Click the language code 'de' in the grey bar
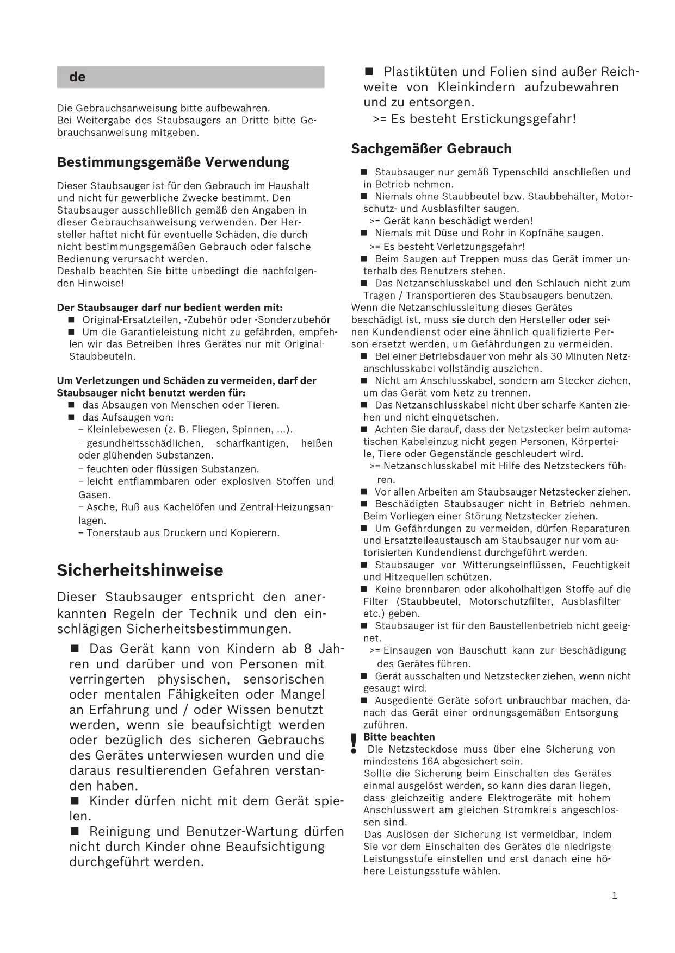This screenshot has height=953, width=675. (x=77, y=77)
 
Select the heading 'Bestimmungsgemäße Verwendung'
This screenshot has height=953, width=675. (x=173, y=162)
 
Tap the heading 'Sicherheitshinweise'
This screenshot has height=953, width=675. (x=140, y=570)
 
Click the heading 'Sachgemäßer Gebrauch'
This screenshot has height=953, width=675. (x=431, y=148)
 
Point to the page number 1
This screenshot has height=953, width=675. (x=615, y=895)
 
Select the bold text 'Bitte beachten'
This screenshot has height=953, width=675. (x=399, y=737)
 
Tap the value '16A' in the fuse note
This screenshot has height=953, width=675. (x=430, y=761)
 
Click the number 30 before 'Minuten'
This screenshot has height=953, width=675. (x=555, y=356)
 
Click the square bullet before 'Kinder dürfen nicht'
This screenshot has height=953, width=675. (x=76, y=801)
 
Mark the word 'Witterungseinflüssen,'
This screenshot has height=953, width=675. (x=510, y=565)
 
